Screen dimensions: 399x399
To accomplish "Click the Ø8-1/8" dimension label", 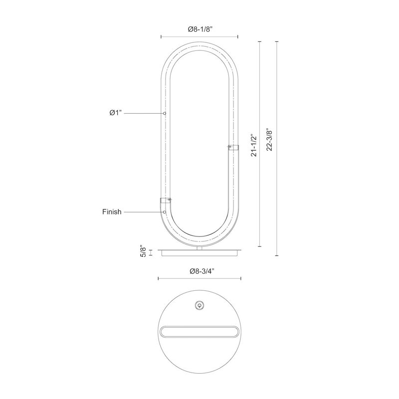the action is coord(200,29).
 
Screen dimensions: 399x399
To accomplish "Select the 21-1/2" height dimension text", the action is coord(254,145).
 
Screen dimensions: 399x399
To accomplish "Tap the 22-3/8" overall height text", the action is coord(269,140).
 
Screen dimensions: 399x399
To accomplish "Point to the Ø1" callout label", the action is coord(116,113).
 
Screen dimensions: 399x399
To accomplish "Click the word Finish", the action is coord(112,211).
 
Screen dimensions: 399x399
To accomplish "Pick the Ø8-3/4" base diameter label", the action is coord(202,271).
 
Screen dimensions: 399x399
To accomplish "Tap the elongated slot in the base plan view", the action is coord(199,332).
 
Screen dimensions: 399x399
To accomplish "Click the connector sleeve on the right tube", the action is coord(233,147).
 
